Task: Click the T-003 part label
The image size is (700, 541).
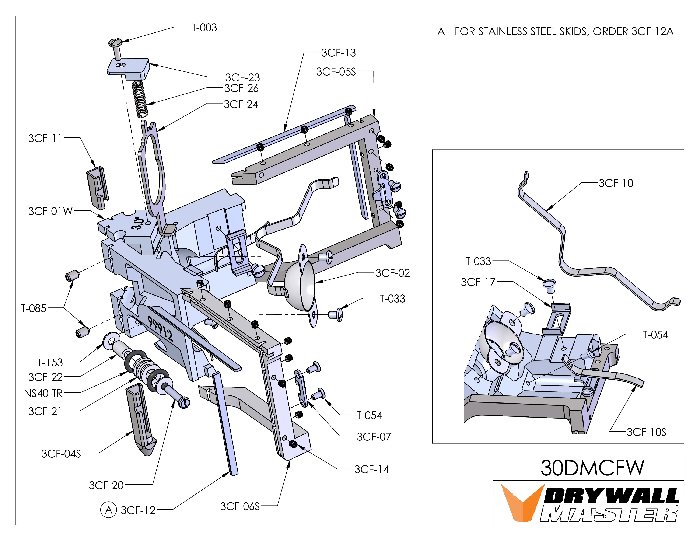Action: click(204, 28)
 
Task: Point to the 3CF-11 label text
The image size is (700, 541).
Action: click(45, 138)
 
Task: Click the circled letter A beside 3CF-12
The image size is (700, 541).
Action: click(109, 510)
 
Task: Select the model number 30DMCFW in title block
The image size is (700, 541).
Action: click(592, 468)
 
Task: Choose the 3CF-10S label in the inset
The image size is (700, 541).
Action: click(646, 432)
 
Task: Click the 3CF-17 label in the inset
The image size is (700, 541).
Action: click(478, 282)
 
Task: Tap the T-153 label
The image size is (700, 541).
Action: click(50, 363)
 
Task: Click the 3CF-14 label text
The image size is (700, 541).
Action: click(371, 470)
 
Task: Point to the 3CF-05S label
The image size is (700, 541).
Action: click(336, 72)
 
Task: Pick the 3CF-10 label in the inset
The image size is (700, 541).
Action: click(616, 183)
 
